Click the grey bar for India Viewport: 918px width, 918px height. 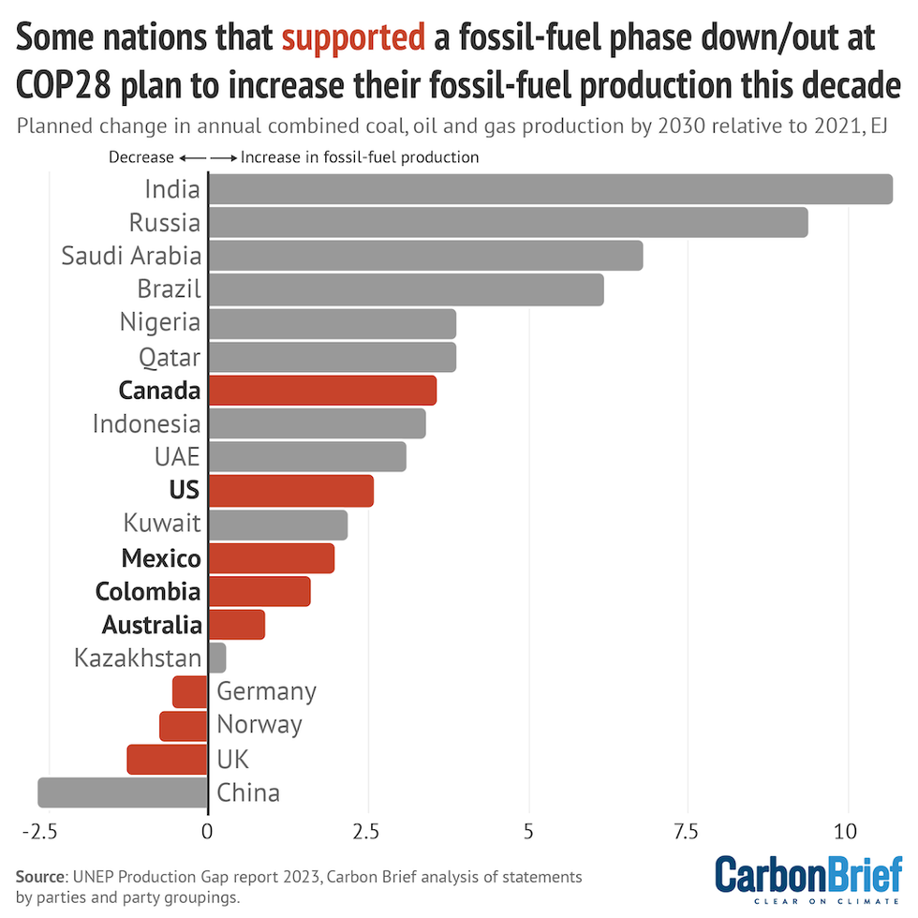(550, 189)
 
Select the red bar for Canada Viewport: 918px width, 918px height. (322, 390)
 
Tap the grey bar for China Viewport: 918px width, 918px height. (123, 792)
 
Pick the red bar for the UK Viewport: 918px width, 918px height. (168, 759)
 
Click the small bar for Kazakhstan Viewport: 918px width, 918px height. (217, 658)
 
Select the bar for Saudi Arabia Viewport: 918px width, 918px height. (425, 256)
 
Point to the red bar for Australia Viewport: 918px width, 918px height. (237, 624)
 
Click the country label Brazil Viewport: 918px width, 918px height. (169, 289)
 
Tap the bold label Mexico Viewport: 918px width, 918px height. (161, 558)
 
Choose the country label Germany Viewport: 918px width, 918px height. (266, 691)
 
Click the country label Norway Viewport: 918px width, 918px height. (259, 725)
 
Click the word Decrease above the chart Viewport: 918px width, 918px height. (141, 157)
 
